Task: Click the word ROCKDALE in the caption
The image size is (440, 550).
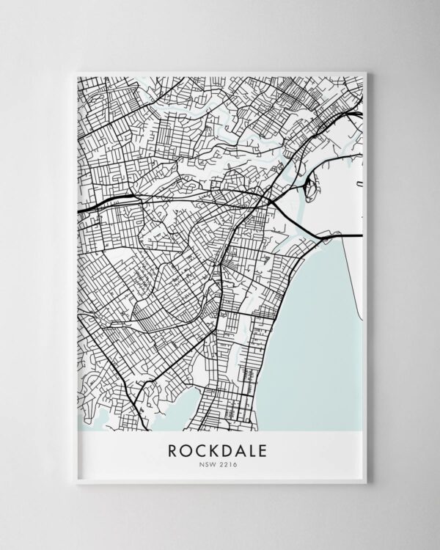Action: [x=220, y=450]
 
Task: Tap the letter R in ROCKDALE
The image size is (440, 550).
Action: [x=173, y=450]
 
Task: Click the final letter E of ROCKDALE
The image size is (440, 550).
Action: [x=267, y=450]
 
